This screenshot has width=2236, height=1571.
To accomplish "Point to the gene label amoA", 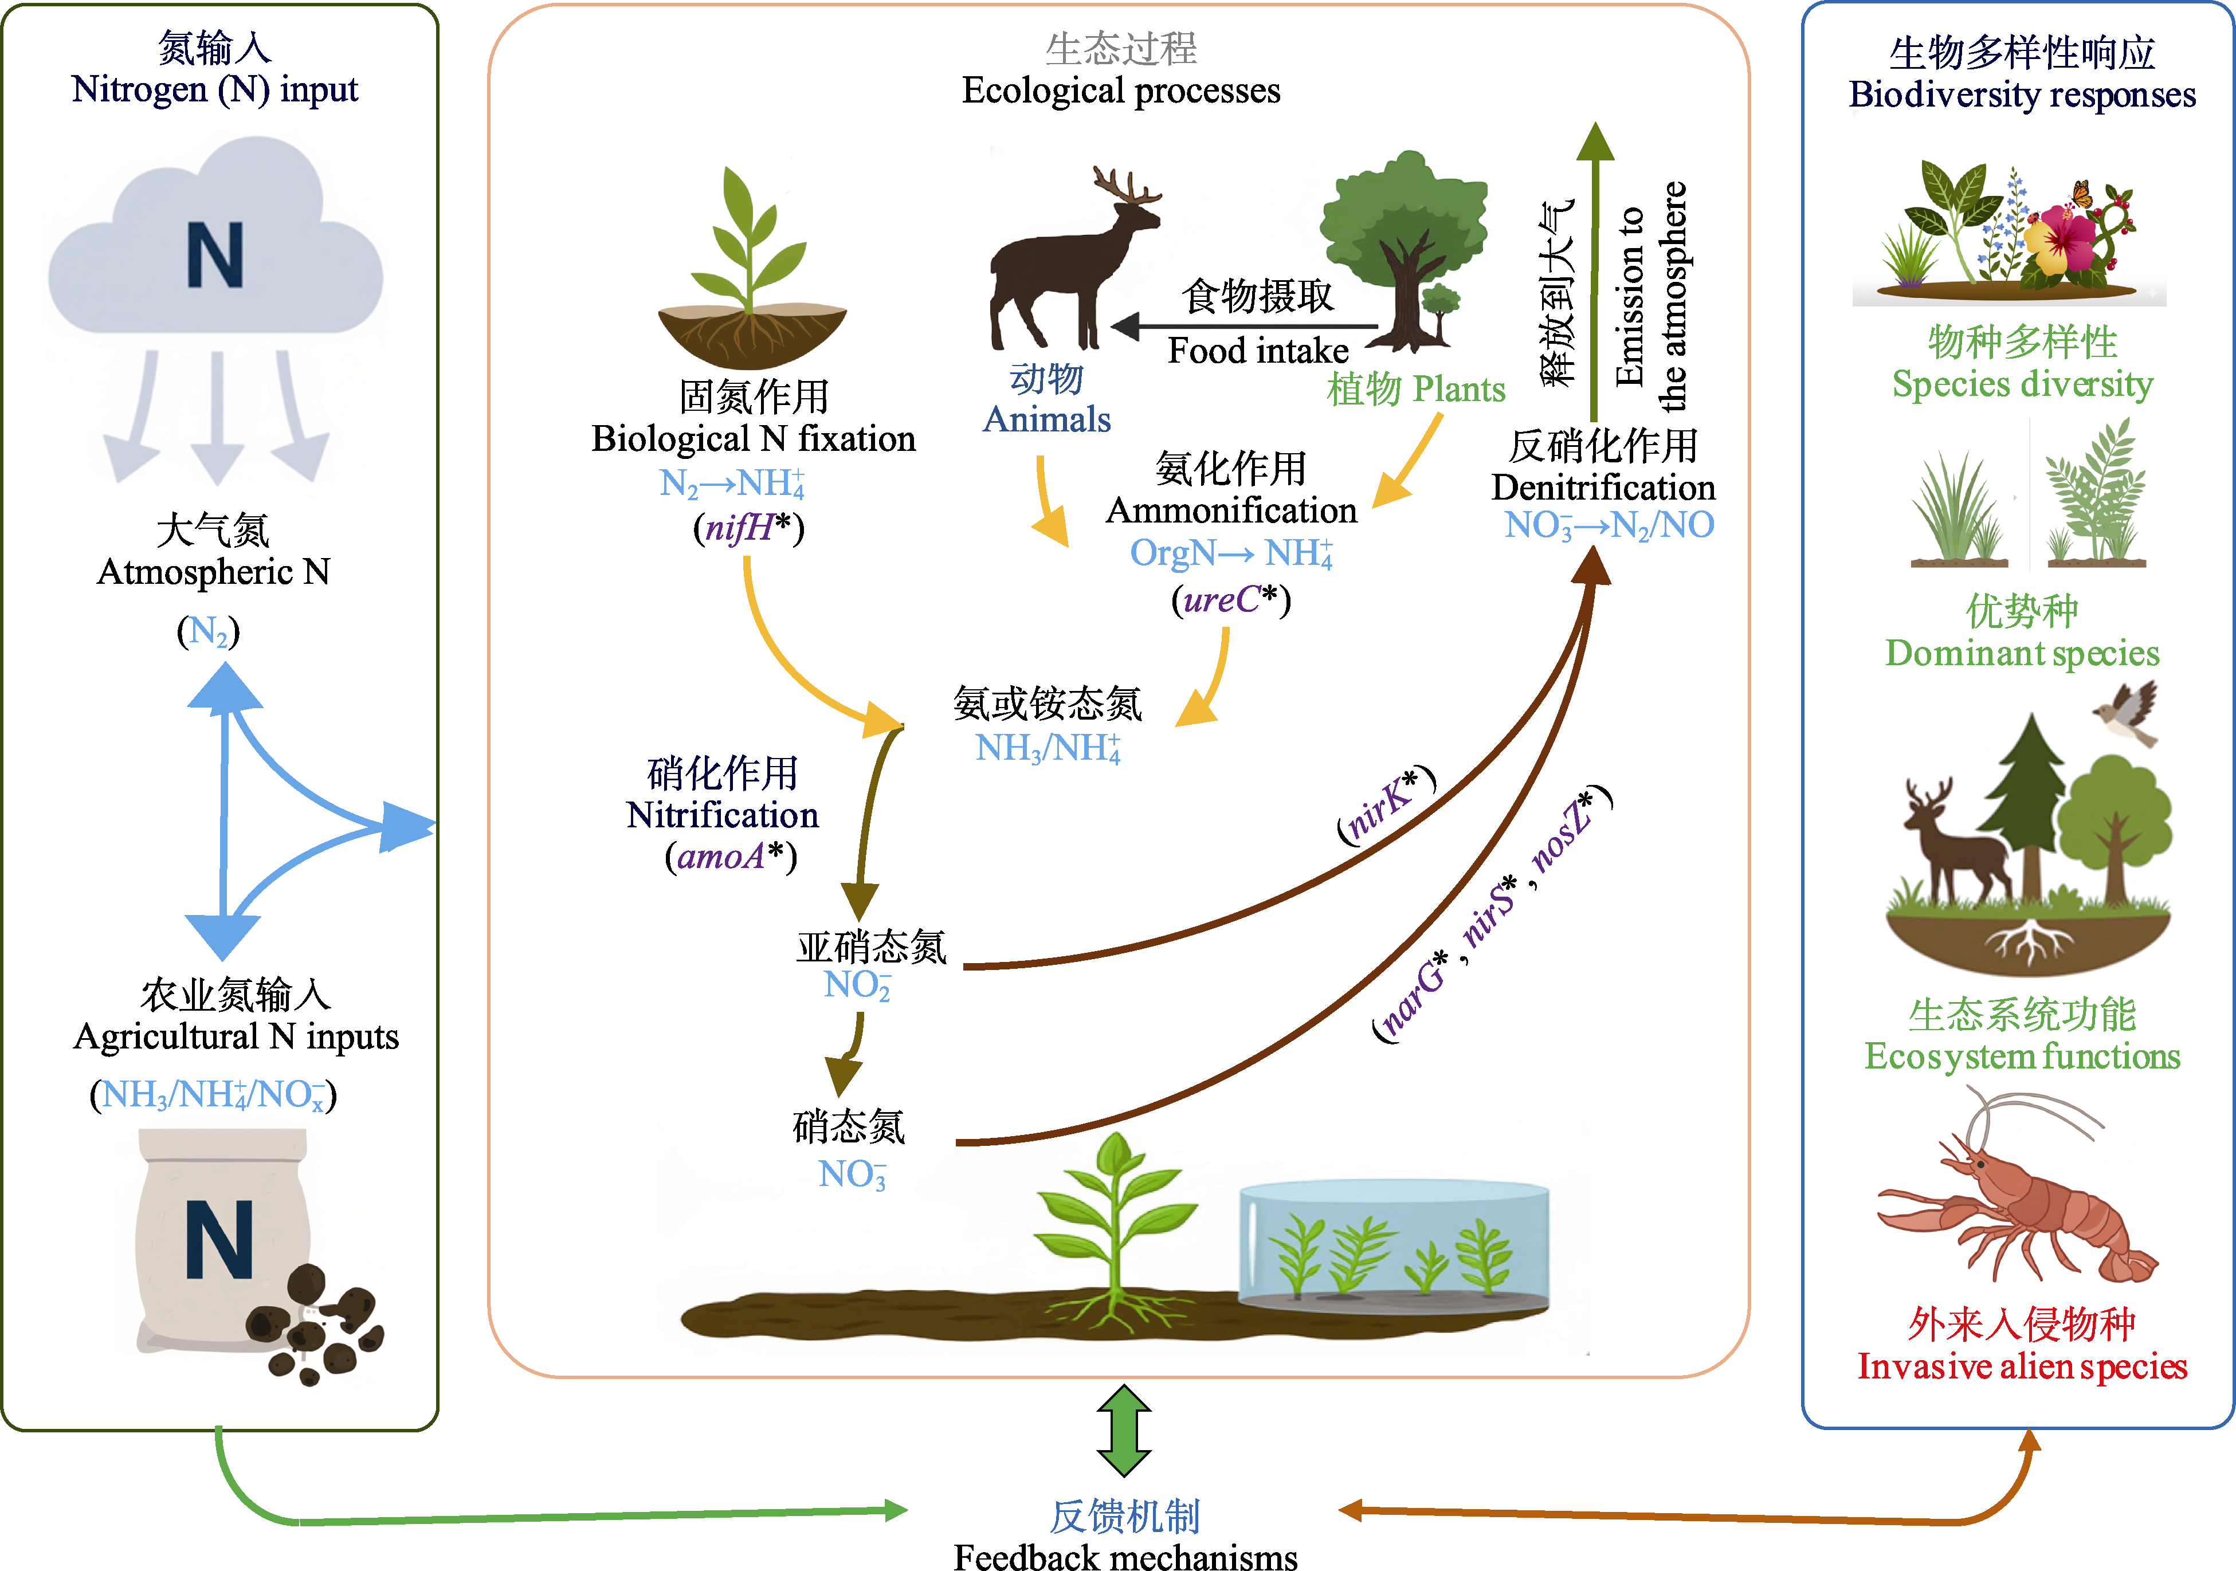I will pos(721,856).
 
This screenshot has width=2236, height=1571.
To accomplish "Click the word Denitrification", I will pos(1602,487).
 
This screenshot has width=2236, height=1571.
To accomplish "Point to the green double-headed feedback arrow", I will pos(1124,1430).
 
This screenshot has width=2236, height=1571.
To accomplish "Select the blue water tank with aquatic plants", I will pos(1392,1247).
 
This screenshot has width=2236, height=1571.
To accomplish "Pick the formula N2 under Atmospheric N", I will pos(209,631).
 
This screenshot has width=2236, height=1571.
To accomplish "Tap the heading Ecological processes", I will pos(1121,91).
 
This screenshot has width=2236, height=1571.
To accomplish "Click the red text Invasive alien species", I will pos(2022,1366).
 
